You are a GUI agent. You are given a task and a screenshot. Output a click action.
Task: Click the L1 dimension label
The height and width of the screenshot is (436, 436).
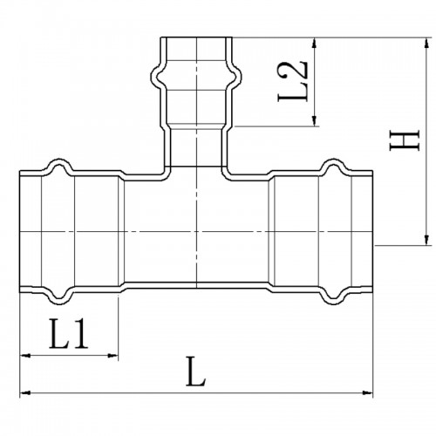click(69, 334)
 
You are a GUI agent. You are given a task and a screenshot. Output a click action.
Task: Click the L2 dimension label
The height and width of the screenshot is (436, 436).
click(293, 81)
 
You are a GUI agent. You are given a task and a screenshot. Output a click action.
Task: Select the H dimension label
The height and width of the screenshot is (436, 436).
click(405, 140)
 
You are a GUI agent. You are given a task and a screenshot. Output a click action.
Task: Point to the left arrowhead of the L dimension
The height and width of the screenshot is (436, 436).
click(25, 393)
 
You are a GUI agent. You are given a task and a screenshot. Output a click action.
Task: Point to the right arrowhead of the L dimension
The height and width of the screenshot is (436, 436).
click(367, 393)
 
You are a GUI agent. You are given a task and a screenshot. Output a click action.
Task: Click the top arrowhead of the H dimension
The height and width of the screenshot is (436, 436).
click(426, 43)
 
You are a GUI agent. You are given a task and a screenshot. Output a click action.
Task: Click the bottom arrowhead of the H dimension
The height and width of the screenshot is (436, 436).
click(426, 240)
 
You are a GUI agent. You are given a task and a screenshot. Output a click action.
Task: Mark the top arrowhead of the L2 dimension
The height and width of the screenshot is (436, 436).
click(314, 43)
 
